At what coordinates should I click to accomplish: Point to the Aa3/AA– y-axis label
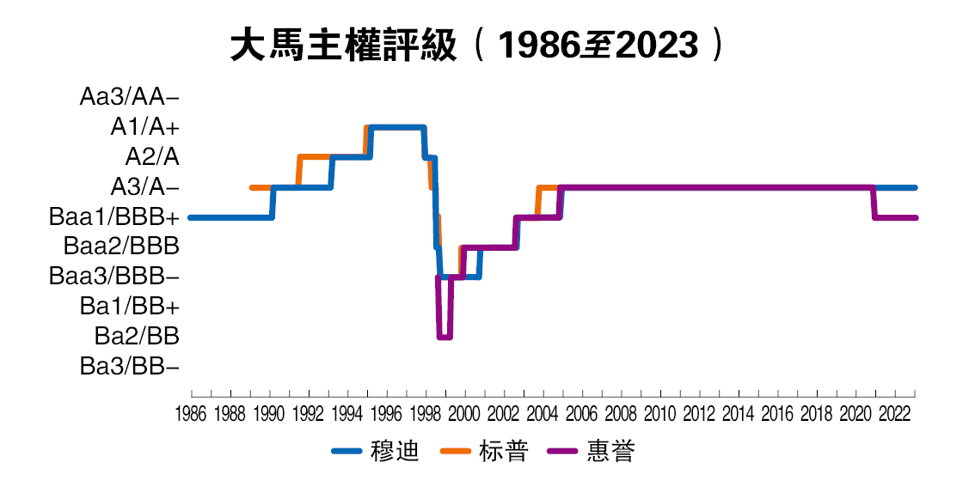(130, 97)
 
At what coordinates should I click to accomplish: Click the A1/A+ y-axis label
(144, 127)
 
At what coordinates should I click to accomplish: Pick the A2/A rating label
(152, 157)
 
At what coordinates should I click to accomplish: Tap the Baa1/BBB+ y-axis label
(114, 217)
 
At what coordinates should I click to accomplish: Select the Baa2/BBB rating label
(121, 247)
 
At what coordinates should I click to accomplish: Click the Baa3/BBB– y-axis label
(114, 277)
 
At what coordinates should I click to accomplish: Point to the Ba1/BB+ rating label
(130, 307)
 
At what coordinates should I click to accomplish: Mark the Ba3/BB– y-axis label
(130, 367)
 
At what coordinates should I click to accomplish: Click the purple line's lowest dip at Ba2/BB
(445, 337)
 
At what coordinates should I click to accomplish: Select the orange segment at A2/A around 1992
(314, 157)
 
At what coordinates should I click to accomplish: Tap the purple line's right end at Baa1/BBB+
(916, 217)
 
